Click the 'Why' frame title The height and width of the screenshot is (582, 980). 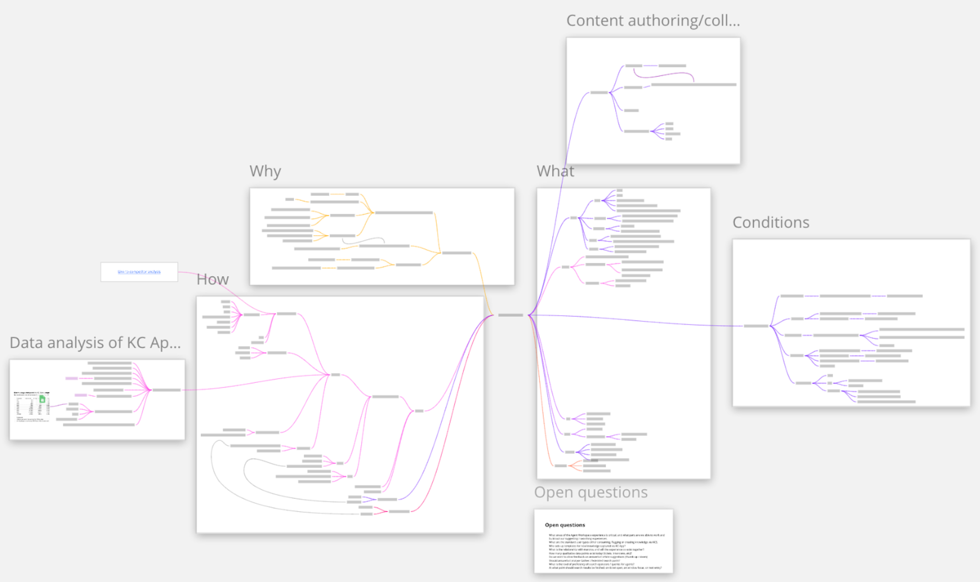[x=265, y=171]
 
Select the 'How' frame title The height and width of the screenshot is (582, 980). [x=212, y=279]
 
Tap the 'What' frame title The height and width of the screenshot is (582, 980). [x=555, y=171]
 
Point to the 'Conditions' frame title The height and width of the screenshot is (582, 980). [x=770, y=223]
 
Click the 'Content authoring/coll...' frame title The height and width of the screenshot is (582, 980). [x=653, y=21]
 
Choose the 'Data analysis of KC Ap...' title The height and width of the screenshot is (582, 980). [x=95, y=343]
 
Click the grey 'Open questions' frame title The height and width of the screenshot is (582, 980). [x=591, y=492]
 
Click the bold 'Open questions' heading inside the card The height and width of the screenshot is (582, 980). [x=564, y=525]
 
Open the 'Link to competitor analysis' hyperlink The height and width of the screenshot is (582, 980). [x=139, y=272]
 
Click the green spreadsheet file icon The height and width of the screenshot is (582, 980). [x=42, y=400]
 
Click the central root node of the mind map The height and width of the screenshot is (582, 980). [x=510, y=315]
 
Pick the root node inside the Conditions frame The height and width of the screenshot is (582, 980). [x=756, y=326]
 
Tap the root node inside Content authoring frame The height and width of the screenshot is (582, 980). [x=598, y=93]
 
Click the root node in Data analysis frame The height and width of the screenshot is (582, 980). [x=166, y=390]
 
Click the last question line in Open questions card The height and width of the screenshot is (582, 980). [x=605, y=568]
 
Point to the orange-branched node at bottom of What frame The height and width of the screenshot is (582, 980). [x=560, y=466]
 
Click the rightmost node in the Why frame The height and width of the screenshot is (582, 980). [x=456, y=253]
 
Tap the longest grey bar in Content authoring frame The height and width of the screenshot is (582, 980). [x=693, y=84]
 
